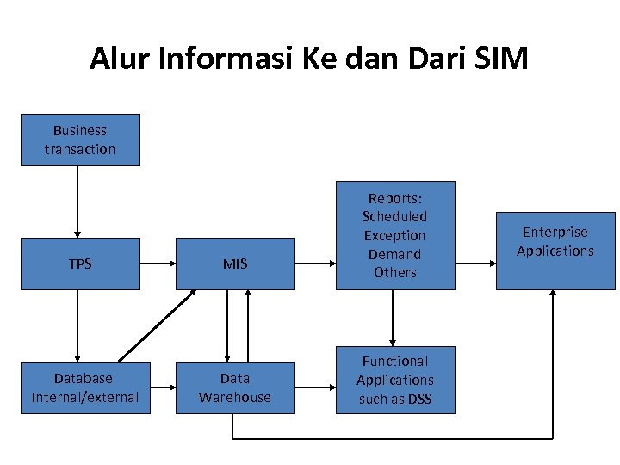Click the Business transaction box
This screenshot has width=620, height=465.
80,139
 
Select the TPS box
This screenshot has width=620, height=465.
80,263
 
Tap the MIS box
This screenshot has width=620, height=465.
235,263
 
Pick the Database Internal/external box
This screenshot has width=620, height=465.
84,388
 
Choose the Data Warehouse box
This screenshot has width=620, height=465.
235,388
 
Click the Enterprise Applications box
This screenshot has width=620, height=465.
555,250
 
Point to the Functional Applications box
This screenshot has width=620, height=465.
394,380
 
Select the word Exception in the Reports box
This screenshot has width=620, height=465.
394,235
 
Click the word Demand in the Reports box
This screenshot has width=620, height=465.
394,254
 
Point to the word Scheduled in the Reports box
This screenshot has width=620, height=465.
394,216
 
